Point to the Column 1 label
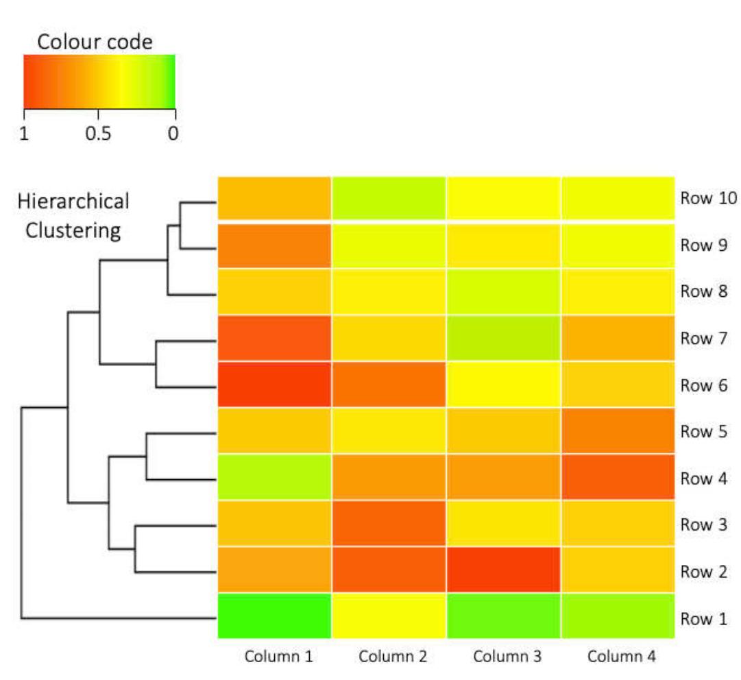(x=279, y=657)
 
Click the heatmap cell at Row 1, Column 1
(x=274, y=616)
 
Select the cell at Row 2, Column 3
(x=503, y=570)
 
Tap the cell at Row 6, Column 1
(x=274, y=385)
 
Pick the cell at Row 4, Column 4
(x=617, y=478)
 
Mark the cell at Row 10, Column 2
(x=389, y=199)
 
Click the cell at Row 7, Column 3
(x=503, y=338)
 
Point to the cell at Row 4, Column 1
(x=274, y=478)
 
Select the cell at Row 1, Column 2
(x=389, y=616)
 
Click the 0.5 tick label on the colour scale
(x=98, y=133)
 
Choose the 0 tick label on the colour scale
(x=173, y=133)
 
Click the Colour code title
(x=95, y=42)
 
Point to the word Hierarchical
(x=73, y=202)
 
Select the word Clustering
(x=73, y=231)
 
